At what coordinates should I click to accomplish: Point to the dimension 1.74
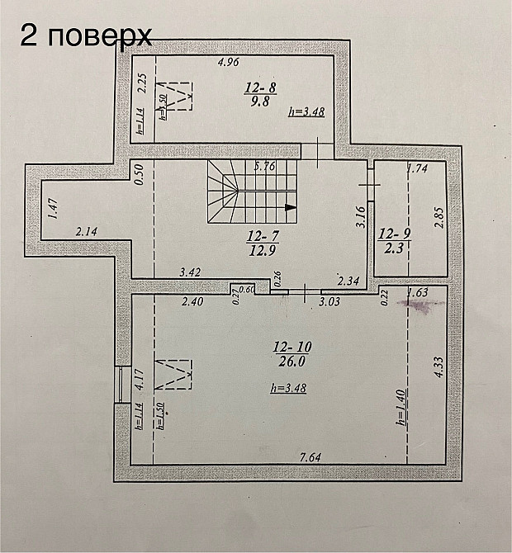418,169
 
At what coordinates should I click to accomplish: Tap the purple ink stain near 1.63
420,307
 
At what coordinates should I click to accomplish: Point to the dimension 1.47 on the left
51,210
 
